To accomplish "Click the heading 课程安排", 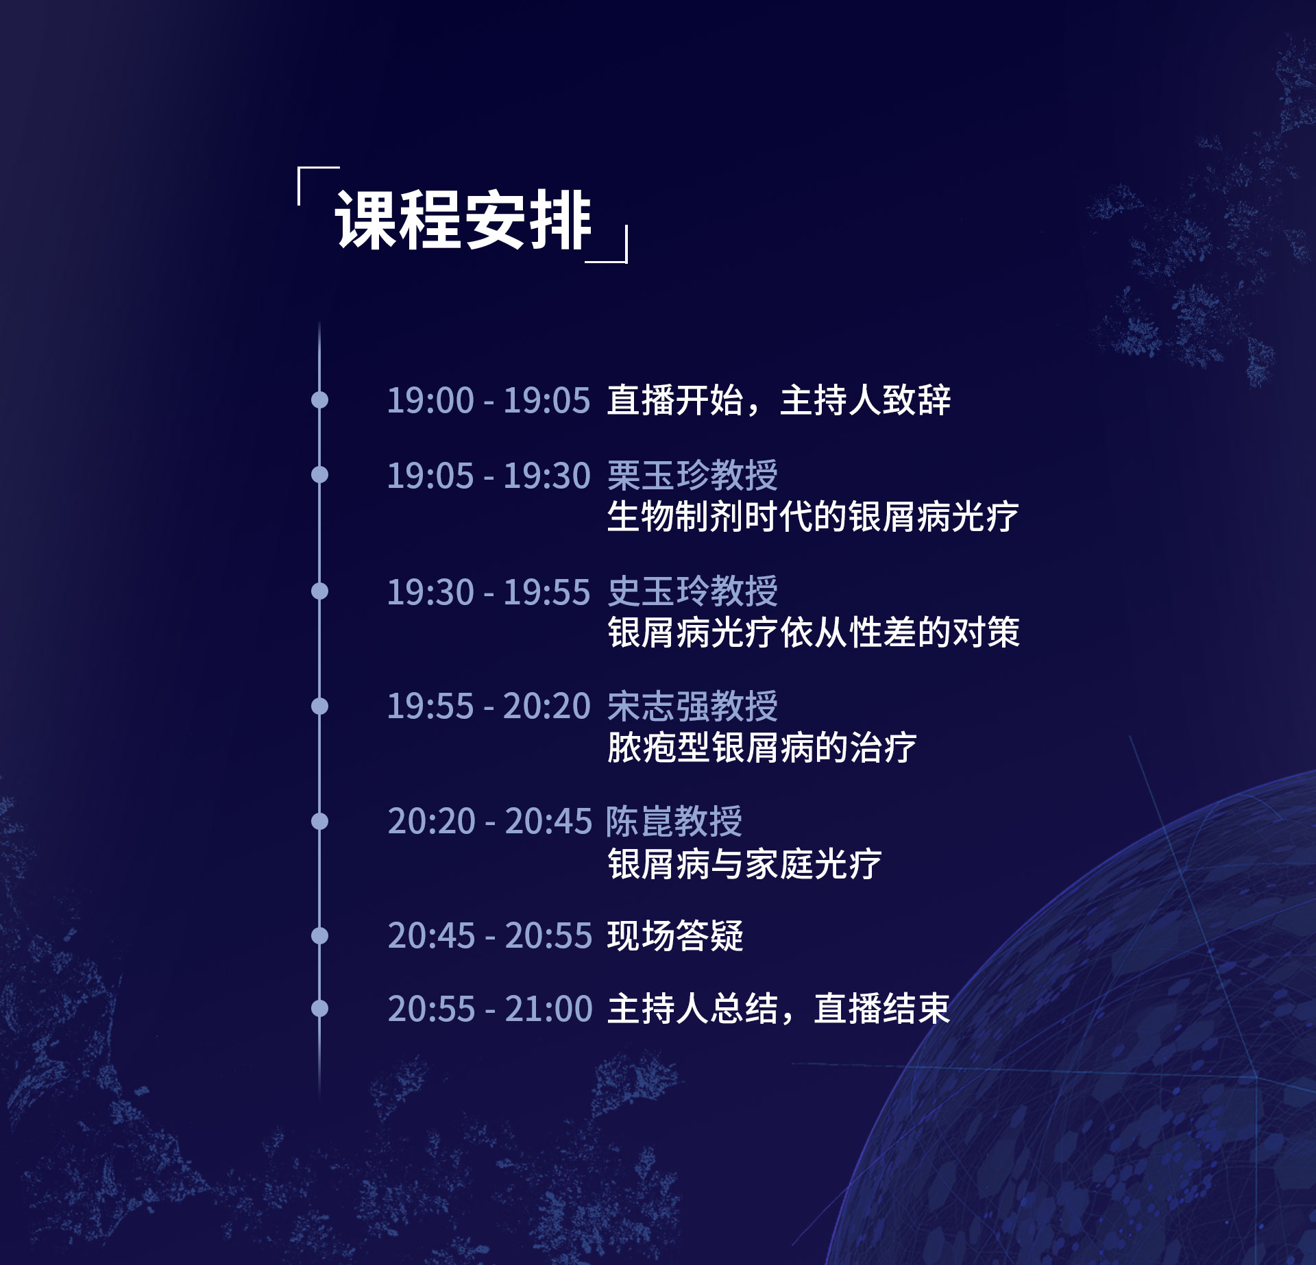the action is pyautogui.click(x=463, y=220).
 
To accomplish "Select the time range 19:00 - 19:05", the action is pyautogui.click(x=489, y=400).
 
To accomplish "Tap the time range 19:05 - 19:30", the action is pyautogui.click(x=489, y=476).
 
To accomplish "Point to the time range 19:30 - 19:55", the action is pyautogui.click(x=489, y=592).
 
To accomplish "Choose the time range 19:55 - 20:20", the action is pyautogui.click(x=489, y=707).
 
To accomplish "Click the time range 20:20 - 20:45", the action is pyautogui.click(x=489, y=821).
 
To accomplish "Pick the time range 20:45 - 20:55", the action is pyautogui.click(x=489, y=935).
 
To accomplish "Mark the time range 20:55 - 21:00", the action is pyautogui.click(x=489, y=1009).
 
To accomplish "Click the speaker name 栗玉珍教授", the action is pyautogui.click(x=693, y=476).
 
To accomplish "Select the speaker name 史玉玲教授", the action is pyautogui.click(x=693, y=591).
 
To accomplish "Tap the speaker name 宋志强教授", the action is pyautogui.click(x=693, y=706).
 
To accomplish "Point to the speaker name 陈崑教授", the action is pyautogui.click(x=674, y=821).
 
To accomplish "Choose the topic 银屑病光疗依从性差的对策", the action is pyautogui.click(x=814, y=632).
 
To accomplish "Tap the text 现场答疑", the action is pyautogui.click(x=676, y=935).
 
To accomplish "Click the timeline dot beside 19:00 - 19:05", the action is pyautogui.click(x=319, y=400).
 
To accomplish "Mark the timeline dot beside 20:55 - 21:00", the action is pyautogui.click(x=319, y=1008).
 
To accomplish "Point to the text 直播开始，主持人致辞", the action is pyautogui.click(x=779, y=400).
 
